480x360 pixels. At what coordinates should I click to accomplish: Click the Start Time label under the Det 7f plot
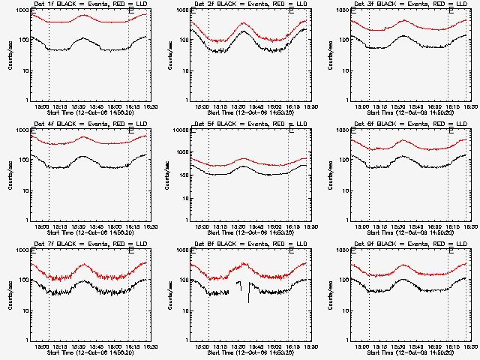88,352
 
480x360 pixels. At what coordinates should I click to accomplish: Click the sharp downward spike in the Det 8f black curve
248,300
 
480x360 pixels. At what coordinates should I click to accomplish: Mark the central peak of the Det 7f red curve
84,265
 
